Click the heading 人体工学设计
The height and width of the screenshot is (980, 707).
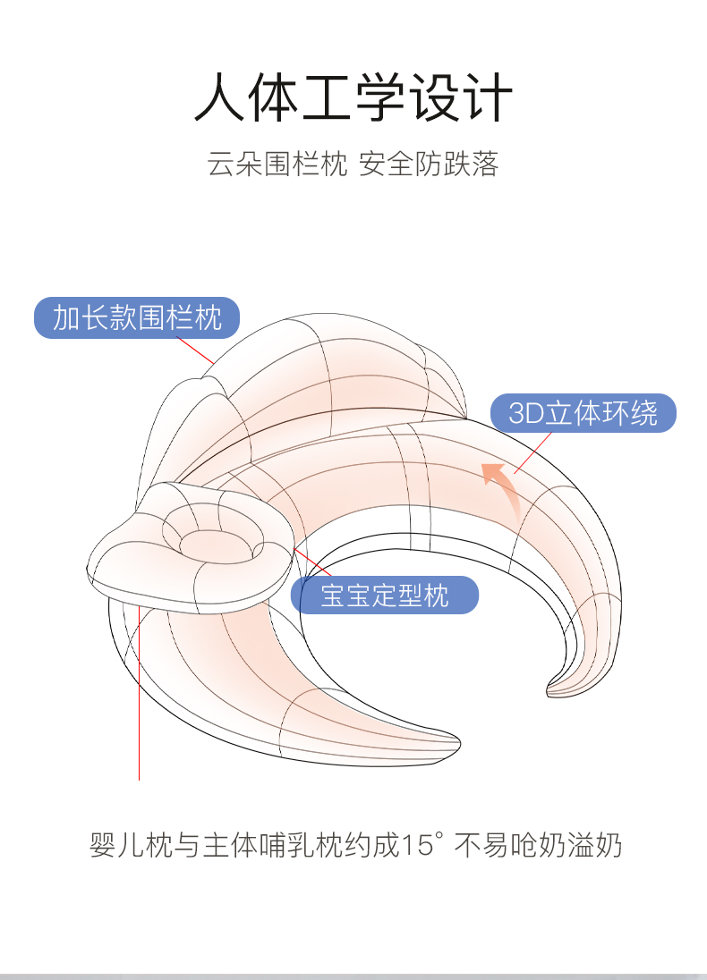(x=353, y=97)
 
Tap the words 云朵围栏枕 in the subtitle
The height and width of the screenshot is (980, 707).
(x=277, y=165)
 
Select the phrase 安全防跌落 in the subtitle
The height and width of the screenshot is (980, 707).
(x=429, y=165)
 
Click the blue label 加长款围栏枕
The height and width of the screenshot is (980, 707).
(x=137, y=317)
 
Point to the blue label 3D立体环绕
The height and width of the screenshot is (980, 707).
(x=583, y=413)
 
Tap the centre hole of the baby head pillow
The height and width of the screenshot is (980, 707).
(x=202, y=542)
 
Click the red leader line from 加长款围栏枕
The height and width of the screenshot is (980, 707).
(x=196, y=351)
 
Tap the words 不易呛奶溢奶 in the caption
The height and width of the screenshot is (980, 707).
(x=539, y=845)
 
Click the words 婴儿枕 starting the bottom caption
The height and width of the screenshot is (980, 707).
(x=118, y=845)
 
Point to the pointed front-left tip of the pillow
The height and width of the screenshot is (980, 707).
(x=452, y=741)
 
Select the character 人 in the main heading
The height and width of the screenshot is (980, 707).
(x=217, y=97)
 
